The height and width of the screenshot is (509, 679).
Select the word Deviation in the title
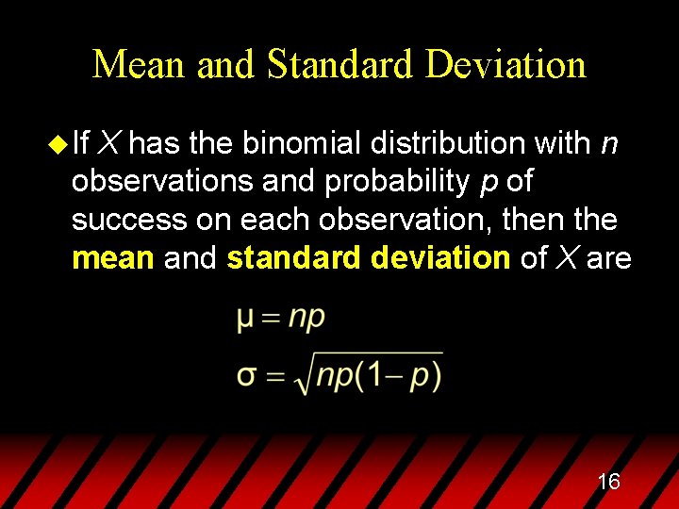pos(505,64)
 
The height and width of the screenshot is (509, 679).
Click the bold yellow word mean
pos(112,257)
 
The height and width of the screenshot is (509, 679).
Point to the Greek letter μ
pos(245,319)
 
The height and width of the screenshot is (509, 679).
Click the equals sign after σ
pos(274,375)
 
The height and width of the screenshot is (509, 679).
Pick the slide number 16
pos(608,483)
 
